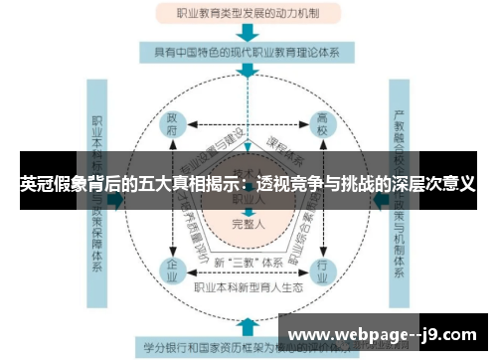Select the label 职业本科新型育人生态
click(x=248, y=288)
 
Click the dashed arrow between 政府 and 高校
click(x=248, y=124)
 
